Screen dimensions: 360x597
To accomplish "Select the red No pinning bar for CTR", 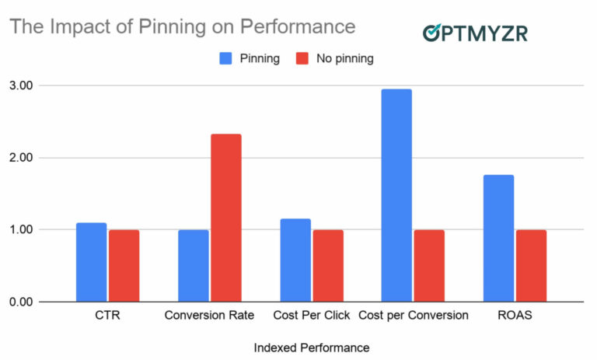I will pyautogui.click(x=124, y=266).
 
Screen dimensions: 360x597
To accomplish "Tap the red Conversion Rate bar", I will pyautogui.click(x=226, y=218).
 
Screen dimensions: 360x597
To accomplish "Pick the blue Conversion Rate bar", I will pyautogui.click(x=194, y=266).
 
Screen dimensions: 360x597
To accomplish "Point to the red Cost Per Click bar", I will pyautogui.click(x=328, y=266).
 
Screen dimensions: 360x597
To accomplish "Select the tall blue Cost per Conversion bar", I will pyautogui.click(x=396, y=195).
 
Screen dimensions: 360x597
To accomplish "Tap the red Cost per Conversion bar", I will pyautogui.click(x=429, y=266).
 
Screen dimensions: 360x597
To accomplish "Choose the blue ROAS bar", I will pyautogui.click(x=498, y=238).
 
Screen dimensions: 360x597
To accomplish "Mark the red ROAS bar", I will pyautogui.click(x=531, y=266).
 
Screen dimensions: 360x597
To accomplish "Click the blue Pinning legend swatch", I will pyautogui.click(x=225, y=58).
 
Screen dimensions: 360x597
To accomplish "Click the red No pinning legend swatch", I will pyautogui.click(x=302, y=58).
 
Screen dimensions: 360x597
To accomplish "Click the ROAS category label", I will pyautogui.click(x=515, y=316).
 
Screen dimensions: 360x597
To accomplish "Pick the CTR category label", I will pyautogui.click(x=107, y=316).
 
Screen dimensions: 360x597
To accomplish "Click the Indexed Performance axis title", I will pyautogui.click(x=311, y=347).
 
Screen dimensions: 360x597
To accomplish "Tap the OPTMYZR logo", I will pyautogui.click(x=475, y=32).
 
